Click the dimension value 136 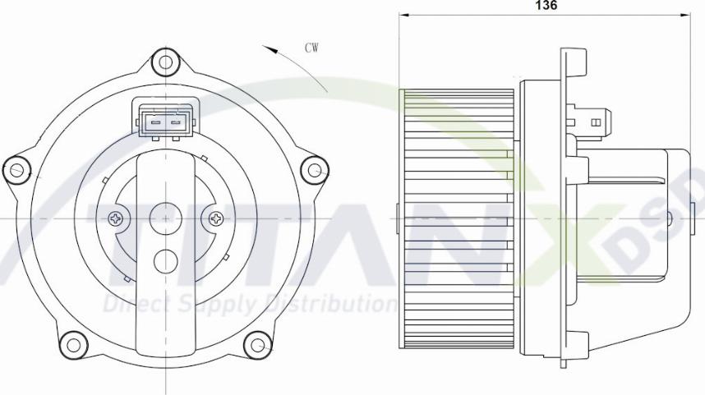[x=546, y=5]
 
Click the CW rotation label [x=311, y=48]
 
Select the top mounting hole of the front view [x=166, y=62]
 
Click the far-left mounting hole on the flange [x=16, y=170]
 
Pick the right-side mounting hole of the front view [x=313, y=170]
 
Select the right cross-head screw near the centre [x=217, y=218]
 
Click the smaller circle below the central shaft [x=166, y=260]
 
